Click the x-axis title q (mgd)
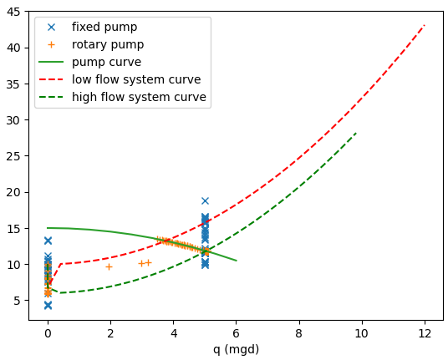coord(236,349)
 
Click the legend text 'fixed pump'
coord(104,27)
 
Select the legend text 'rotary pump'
coord(107,44)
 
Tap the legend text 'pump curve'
coord(106,62)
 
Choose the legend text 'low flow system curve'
coord(136,79)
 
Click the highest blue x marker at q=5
coord(205,200)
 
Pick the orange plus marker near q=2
coord(109,266)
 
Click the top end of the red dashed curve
coord(425,25)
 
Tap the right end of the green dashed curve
coord(356,133)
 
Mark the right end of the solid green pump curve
coord(237,261)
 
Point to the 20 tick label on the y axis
coord(18,192)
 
